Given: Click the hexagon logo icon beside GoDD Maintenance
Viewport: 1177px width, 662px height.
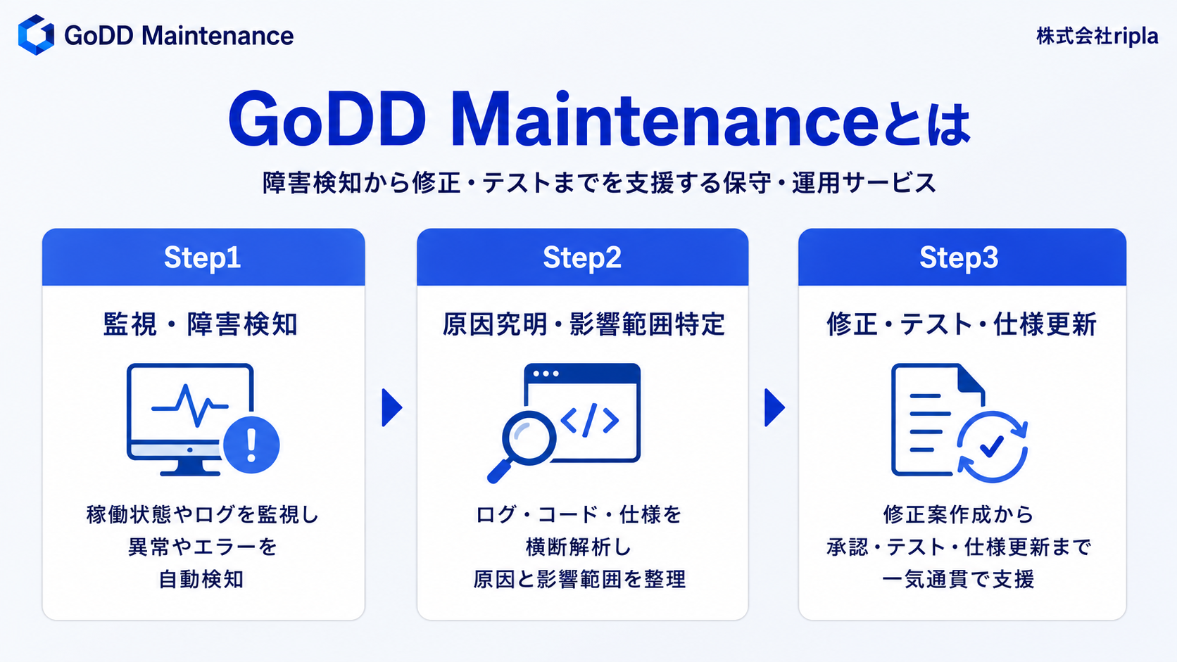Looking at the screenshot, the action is point(37,34).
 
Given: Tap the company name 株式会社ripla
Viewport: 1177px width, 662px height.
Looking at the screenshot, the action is point(1097,36).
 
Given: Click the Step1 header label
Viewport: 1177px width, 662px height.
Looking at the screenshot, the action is point(202,257).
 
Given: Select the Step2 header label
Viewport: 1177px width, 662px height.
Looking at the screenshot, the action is point(582,257).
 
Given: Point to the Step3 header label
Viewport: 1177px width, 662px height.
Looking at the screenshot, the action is point(959,257).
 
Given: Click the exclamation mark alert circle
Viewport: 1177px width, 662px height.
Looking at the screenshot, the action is point(251,445).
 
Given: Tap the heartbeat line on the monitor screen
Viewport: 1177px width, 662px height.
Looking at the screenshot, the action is point(189,405).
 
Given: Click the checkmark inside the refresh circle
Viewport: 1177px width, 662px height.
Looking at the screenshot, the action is point(992,446).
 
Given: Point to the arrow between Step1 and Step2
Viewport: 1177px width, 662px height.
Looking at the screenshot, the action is point(392,407).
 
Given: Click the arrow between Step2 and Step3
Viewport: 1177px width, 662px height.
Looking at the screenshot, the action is point(774,407).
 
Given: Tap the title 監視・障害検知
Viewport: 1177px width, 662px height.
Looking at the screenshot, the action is point(201,324).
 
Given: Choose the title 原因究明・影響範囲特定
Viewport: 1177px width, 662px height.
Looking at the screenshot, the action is point(584,324).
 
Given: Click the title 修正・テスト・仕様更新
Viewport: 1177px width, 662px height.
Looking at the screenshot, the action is point(962,324).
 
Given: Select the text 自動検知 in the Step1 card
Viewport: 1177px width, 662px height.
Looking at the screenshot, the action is point(201,580).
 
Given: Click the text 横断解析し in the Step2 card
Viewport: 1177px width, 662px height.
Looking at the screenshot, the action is point(579,547).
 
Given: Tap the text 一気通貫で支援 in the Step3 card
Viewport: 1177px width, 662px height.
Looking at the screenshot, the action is point(958,580).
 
